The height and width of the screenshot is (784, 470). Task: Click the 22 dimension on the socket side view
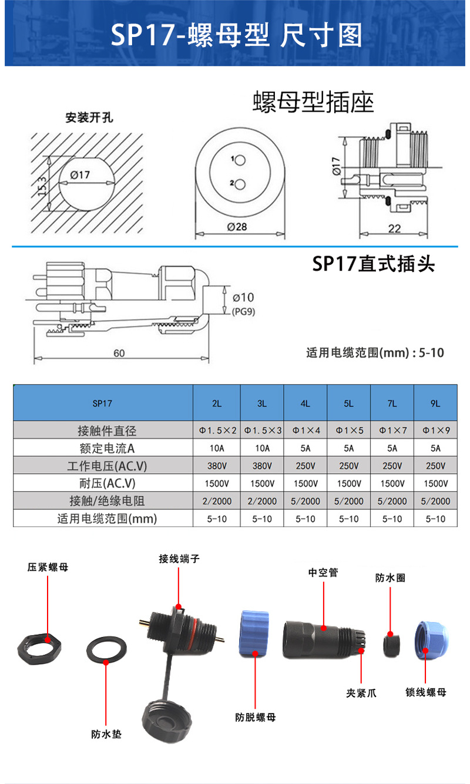tap(394, 228)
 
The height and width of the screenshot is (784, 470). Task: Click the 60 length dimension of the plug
tap(119, 353)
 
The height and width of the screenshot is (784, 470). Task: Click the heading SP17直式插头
tap(373, 264)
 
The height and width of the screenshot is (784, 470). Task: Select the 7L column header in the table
tap(392, 403)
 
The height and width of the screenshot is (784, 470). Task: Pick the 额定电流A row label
tap(107, 448)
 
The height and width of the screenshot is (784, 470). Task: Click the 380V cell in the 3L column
tap(262, 466)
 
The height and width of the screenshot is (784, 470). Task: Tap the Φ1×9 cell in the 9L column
tap(435, 430)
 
